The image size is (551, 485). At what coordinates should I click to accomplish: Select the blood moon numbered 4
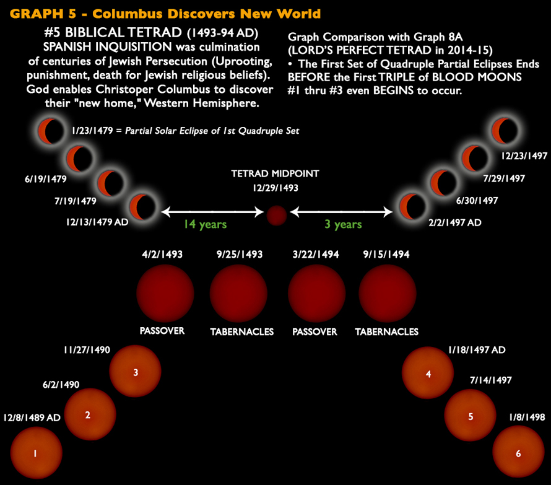428,374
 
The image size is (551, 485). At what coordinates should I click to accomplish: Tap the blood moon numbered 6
518,453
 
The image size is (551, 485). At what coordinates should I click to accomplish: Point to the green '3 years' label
343,224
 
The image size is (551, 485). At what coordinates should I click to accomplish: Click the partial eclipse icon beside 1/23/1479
50,131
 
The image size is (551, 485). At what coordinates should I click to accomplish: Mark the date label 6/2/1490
60,385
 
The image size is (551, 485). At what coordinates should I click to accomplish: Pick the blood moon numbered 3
136,372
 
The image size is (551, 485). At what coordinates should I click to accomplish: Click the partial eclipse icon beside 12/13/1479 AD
142,206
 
